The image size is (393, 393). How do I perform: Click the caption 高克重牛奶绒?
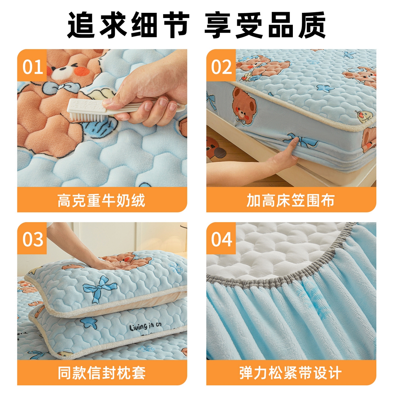click(x=101, y=200)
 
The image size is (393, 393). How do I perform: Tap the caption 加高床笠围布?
click(x=291, y=200)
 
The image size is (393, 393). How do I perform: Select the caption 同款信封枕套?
click(x=101, y=373)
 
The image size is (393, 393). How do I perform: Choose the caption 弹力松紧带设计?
click(x=291, y=373)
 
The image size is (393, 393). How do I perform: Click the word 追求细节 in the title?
click(x=128, y=25)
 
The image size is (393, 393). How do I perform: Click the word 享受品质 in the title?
click(x=265, y=25)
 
